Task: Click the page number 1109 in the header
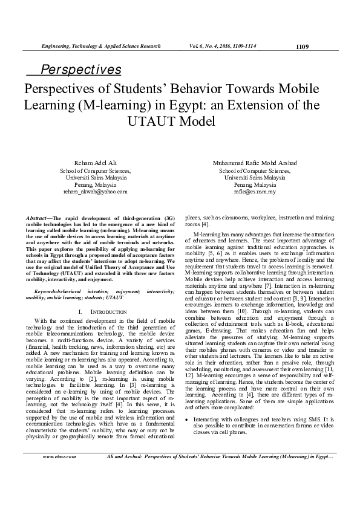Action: pyautogui.click(x=302, y=46)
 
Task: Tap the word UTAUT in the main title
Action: pyautogui.click(x=154, y=121)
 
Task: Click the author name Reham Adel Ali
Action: pyautogui.click(x=95, y=163)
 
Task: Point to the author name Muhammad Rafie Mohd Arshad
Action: pyautogui.click(x=254, y=163)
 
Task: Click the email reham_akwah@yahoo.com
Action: pyautogui.click(x=95, y=191)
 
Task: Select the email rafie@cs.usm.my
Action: pyautogui.click(x=254, y=191)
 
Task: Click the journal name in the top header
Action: pyautogui.click(x=100, y=46)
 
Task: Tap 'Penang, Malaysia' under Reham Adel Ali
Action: pyautogui.click(x=95, y=184)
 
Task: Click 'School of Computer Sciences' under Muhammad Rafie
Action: pyautogui.click(x=254, y=170)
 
